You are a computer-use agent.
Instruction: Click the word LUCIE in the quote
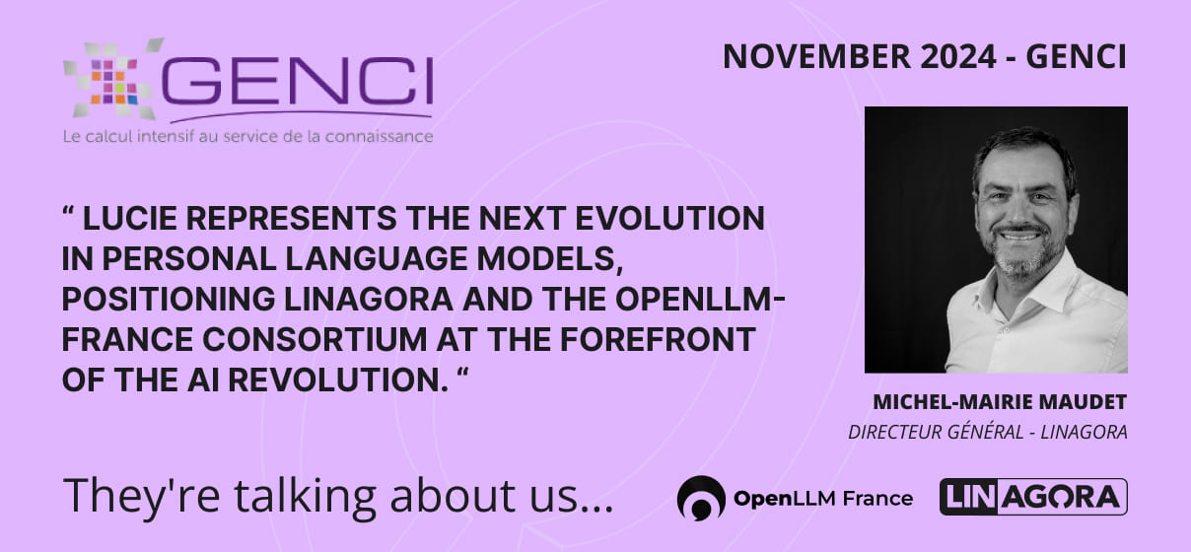pos(130,219)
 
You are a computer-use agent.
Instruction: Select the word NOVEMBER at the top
pos(816,56)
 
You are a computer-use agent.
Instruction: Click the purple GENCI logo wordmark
pos(297,82)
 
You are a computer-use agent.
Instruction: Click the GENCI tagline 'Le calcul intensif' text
pos(247,136)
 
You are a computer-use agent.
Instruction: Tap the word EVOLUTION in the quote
pos(670,219)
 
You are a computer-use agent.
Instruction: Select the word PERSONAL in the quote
pos(188,259)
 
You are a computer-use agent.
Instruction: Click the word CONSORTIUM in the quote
pos(315,339)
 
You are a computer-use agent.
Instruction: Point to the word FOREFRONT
pos(659,339)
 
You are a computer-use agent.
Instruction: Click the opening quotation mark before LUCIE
pos(69,212)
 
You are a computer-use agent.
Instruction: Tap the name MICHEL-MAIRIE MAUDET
pos(1000,402)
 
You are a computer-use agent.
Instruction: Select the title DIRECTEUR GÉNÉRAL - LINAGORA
pos(988,432)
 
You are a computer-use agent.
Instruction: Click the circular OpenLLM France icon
pos(701,498)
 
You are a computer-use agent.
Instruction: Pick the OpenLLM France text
pos(823,499)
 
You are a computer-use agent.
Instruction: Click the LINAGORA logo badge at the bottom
pos(1033,497)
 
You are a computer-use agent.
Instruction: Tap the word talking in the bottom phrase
pos(306,496)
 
